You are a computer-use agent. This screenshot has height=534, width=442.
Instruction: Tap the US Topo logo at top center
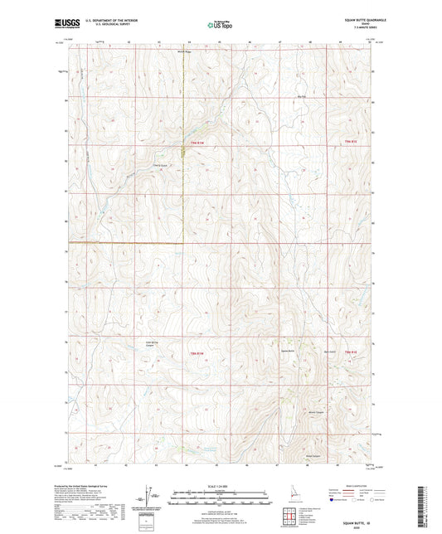tap(220, 25)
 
